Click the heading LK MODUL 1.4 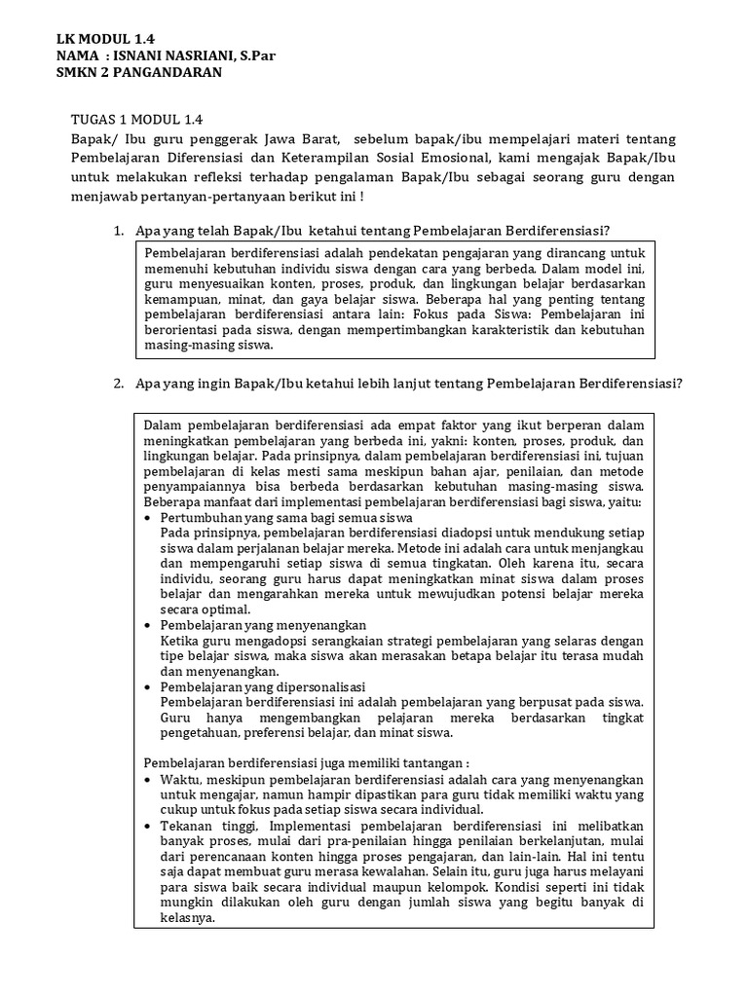pyautogui.click(x=105, y=38)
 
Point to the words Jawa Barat pyautogui.click(x=295, y=138)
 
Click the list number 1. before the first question pyautogui.click(x=118, y=231)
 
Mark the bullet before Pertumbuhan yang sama pyautogui.click(x=148, y=519)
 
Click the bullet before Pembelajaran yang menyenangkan pyautogui.click(x=148, y=625)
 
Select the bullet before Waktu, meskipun pyautogui.click(x=148, y=780)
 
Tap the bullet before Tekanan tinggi pyautogui.click(x=148, y=826)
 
